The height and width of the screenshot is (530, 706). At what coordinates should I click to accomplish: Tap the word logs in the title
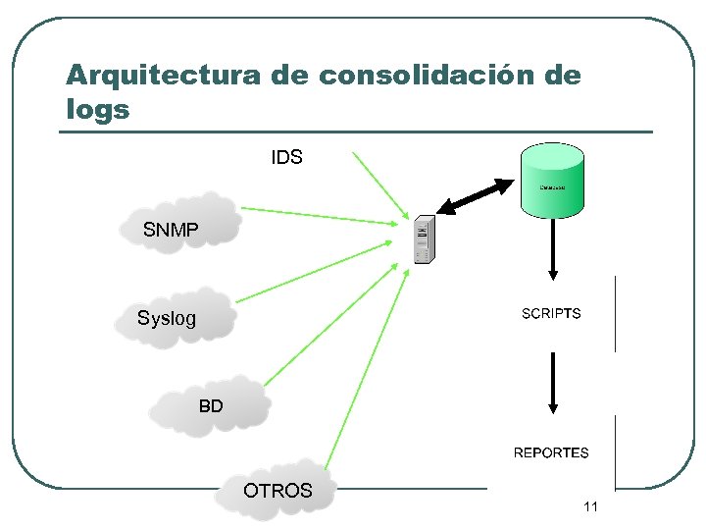pos(97,109)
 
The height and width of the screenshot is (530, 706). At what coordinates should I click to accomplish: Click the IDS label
pos(286,157)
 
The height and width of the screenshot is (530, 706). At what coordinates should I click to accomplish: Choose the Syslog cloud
pos(175,316)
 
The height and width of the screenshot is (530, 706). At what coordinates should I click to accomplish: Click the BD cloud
pos(210,403)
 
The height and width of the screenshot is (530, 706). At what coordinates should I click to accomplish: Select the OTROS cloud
pos(277,489)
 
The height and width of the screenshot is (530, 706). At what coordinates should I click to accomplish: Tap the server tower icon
pos(424,238)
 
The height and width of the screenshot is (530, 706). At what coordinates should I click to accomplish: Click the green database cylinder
pos(552,179)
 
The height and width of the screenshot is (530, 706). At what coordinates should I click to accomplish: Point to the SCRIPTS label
pos(551,314)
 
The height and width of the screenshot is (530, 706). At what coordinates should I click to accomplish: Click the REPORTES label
pos(551,452)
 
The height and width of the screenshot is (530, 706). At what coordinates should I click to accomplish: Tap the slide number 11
pos(590,506)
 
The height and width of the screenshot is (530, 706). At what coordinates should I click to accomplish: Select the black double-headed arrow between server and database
pos(478,195)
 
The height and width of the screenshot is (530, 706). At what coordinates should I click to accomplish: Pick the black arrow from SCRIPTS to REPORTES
pos(553,383)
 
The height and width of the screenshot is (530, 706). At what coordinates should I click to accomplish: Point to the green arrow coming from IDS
pos(382,186)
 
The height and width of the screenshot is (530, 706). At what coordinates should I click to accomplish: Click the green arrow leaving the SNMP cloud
pos(324,216)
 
